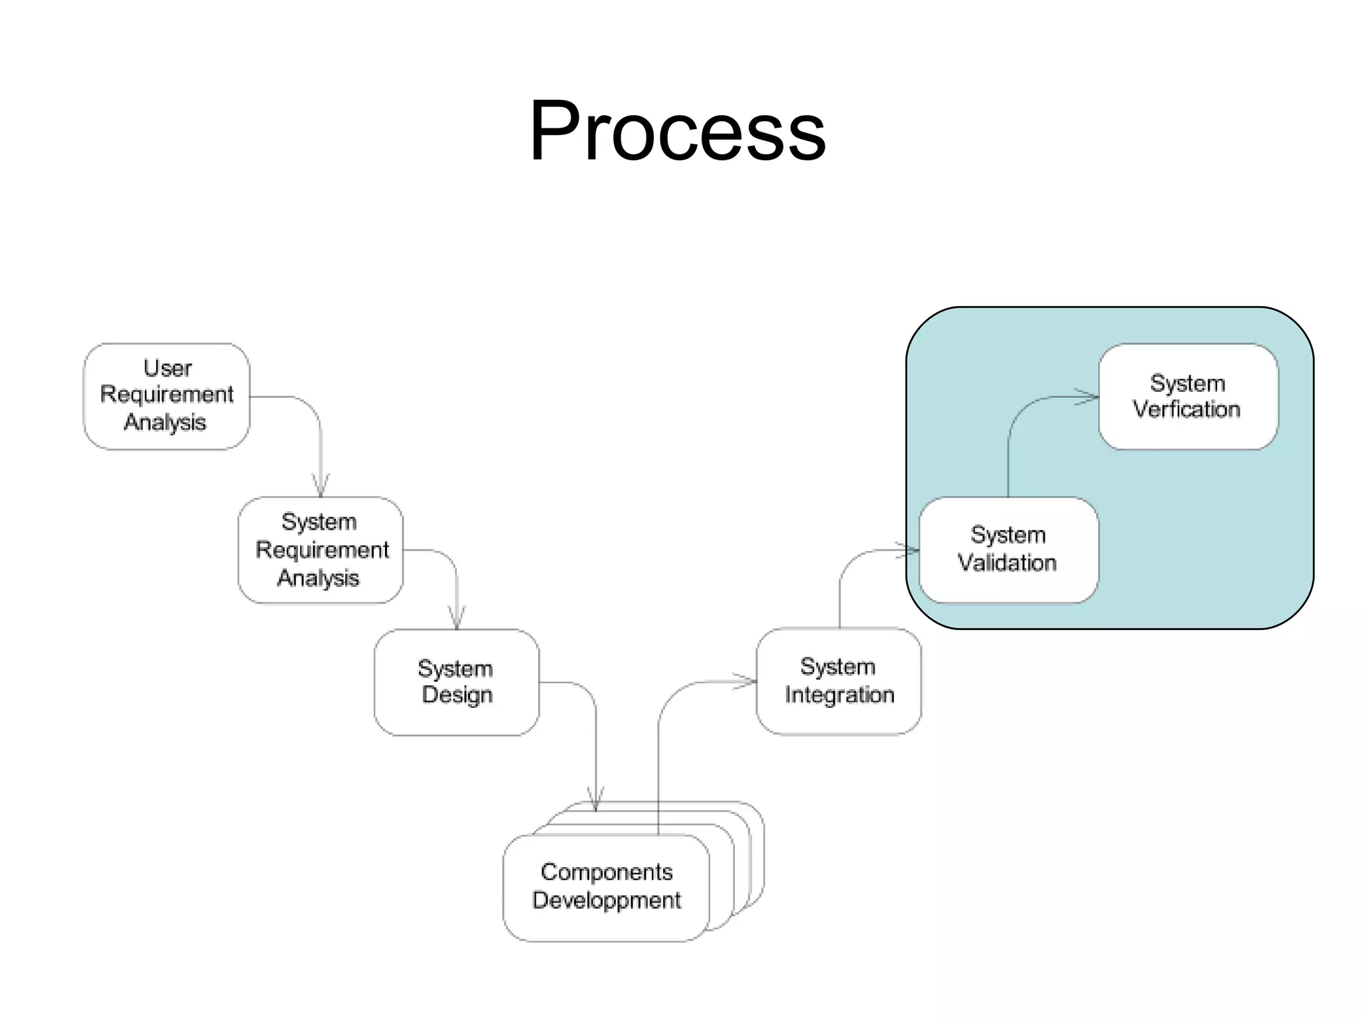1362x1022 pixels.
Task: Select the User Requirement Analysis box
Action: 166,396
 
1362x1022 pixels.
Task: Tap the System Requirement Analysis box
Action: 321,550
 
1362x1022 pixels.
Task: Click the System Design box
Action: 456,682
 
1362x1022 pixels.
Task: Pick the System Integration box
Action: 839,681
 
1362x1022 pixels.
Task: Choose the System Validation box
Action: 1008,550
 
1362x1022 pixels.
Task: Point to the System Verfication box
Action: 1188,397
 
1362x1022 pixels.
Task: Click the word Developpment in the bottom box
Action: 607,900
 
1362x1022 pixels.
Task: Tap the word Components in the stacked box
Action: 607,872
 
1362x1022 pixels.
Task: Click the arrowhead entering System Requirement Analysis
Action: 321,486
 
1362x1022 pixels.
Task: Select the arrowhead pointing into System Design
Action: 457,618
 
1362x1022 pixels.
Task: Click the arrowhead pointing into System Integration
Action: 746,681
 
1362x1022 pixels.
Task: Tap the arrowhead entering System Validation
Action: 909,550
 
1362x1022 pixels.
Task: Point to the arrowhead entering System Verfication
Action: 1089,397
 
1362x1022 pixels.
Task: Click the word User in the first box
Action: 168,368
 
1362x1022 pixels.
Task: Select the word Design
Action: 458,695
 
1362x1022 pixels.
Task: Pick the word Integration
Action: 839,695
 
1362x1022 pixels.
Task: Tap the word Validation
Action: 1007,563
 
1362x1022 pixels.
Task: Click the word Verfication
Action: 1187,409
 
